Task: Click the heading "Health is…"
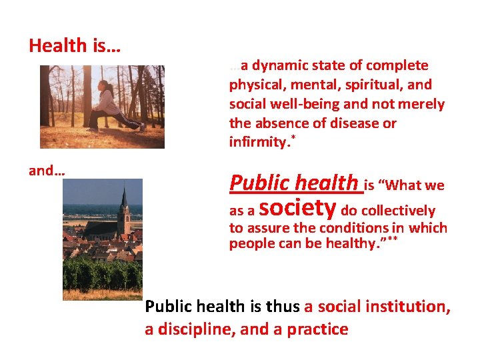(74, 46)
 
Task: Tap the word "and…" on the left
(47, 171)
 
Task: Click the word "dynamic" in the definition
(278, 65)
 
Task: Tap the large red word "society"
(297, 207)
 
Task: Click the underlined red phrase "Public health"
(293, 182)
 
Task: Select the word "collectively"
(398, 211)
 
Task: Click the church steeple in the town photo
(124, 200)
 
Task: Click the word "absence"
(280, 123)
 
